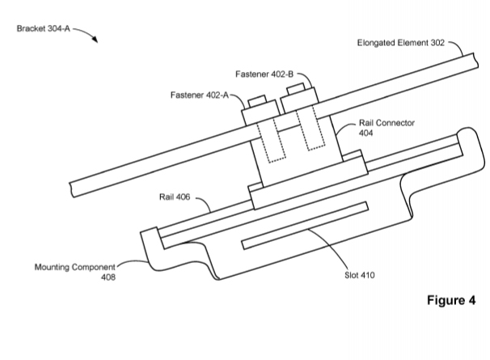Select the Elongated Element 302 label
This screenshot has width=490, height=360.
400,44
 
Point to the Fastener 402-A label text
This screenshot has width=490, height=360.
198,94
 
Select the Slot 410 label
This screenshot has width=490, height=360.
358,273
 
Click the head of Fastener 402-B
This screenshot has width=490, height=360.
295,87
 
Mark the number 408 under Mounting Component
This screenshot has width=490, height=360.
108,277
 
